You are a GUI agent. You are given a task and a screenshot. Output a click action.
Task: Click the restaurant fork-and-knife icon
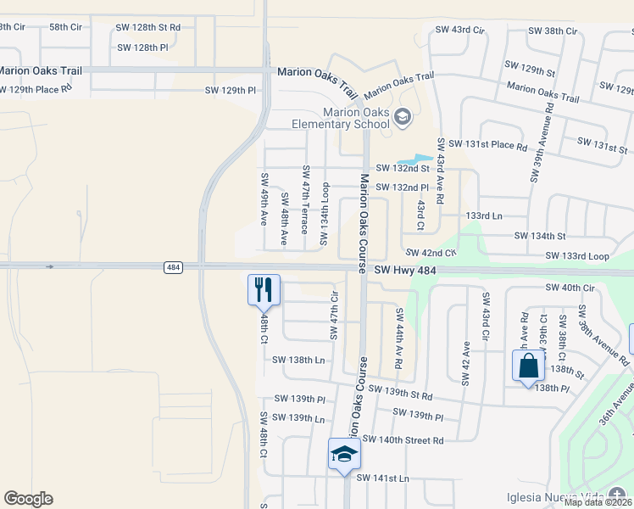(x=263, y=289)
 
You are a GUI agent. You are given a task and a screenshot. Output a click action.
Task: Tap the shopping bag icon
(x=528, y=366)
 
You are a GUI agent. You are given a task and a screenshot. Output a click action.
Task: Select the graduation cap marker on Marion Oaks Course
(x=345, y=454)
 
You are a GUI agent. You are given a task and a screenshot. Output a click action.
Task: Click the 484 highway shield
(x=173, y=268)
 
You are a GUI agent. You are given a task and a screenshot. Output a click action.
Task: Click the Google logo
(x=28, y=499)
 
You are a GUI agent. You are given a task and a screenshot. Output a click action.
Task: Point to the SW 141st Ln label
(x=382, y=478)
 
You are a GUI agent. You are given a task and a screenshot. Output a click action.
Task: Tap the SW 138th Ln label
(x=298, y=360)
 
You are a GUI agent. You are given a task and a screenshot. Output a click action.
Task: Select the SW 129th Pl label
(x=230, y=90)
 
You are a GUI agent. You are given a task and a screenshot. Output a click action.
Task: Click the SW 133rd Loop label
(x=577, y=256)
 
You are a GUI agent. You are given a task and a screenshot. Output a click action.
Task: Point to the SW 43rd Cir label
(x=459, y=31)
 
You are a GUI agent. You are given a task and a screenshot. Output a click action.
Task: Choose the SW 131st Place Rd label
(x=487, y=145)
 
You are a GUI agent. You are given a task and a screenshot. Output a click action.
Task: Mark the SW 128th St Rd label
(x=148, y=27)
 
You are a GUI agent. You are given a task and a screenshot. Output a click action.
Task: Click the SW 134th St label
(x=539, y=236)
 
